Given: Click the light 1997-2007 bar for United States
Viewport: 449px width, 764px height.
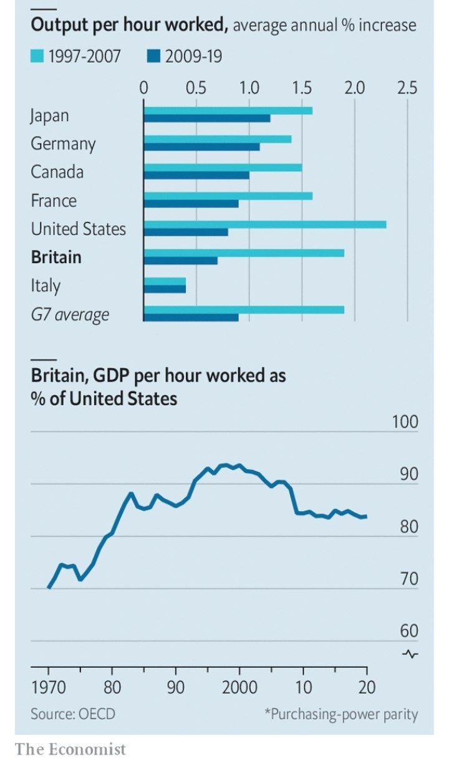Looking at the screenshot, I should pyautogui.click(x=264, y=224).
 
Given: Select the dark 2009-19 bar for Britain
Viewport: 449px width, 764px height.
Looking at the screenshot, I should pyautogui.click(x=181, y=260).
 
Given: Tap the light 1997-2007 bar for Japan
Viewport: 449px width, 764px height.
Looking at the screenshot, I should pyautogui.click(x=228, y=110).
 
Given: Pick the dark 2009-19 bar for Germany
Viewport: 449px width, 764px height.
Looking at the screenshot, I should pyautogui.click(x=201, y=146).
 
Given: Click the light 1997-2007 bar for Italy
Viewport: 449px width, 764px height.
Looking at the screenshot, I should pyautogui.click(x=165, y=281).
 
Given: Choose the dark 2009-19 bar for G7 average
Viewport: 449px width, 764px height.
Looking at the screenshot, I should pyautogui.click(x=191, y=317).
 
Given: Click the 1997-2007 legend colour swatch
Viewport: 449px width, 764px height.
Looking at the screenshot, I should pyautogui.click(x=37, y=57).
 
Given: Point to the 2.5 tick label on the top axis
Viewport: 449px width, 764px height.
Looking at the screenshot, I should pyautogui.click(x=407, y=87).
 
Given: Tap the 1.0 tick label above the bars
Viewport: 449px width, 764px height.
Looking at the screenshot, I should pyautogui.click(x=249, y=87).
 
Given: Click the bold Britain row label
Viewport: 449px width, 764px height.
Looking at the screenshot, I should pyautogui.click(x=56, y=257).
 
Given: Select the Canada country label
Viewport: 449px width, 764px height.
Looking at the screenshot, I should pyautogui.click(x=57, y=171).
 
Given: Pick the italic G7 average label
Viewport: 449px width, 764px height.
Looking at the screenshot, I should pyautogui.click(x=70, y=314).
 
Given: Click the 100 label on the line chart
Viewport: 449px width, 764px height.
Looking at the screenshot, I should pyautogui.click(x=405, y=422).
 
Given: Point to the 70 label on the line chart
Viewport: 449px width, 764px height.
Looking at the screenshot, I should pyautogui.click(x=409, y=578).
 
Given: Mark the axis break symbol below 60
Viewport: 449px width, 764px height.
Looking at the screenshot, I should pyautogui.click(x=411, y=654).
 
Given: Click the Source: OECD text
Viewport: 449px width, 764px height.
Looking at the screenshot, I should pyautogui.click(x=73, y=713).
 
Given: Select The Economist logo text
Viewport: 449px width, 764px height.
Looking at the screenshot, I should pyautogui.click(x=70, y=748).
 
